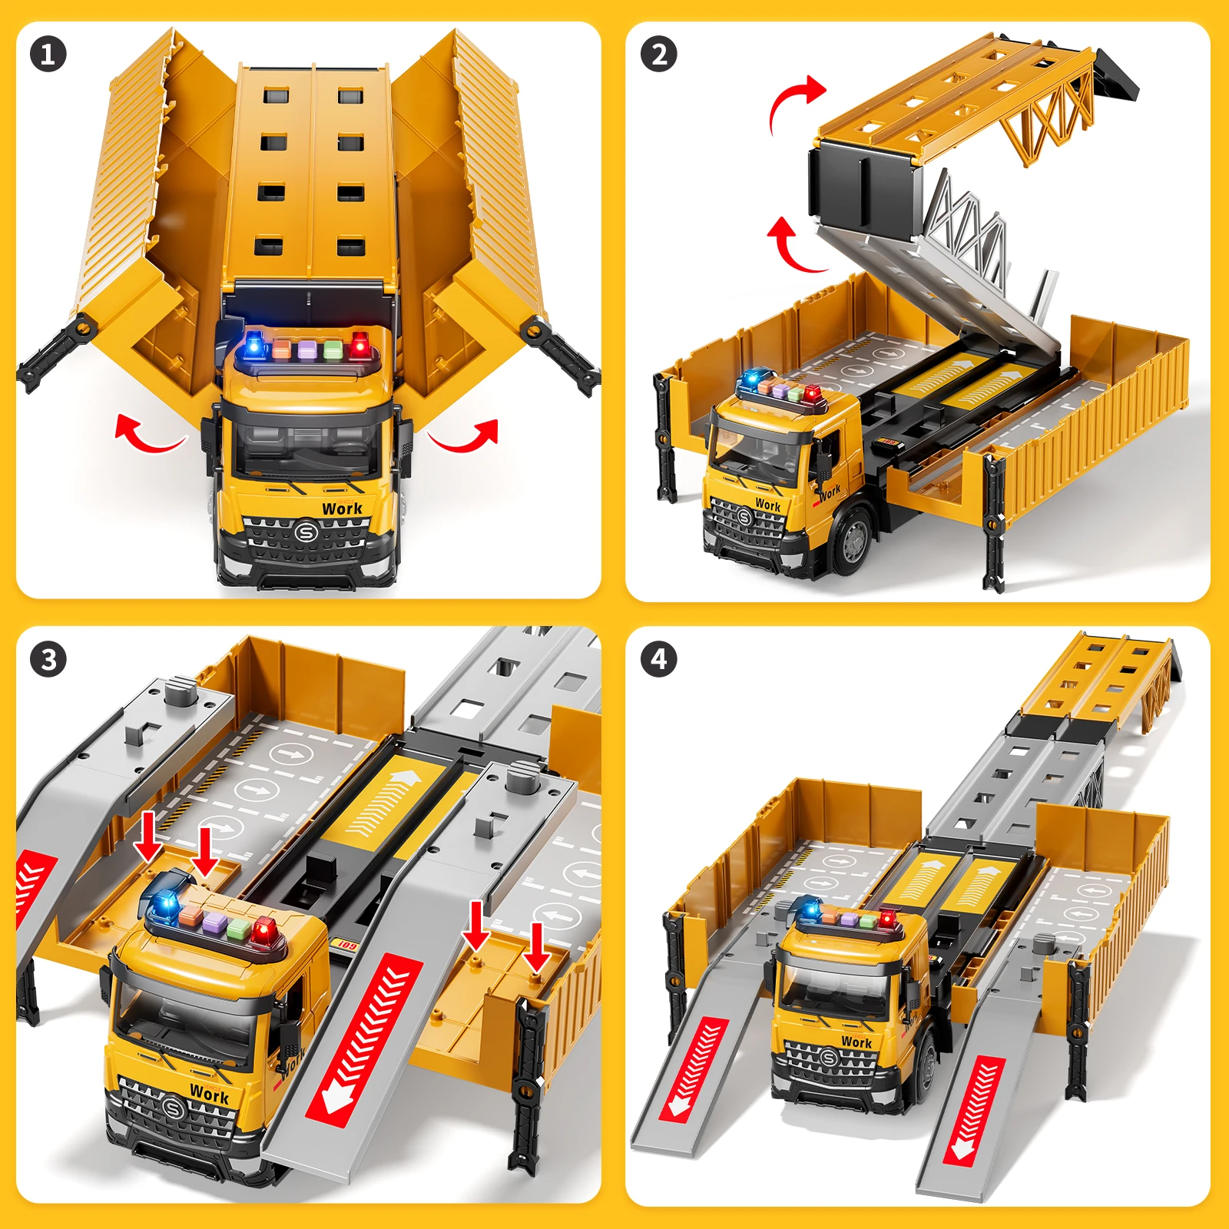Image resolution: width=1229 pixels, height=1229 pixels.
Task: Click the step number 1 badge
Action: click(48, 55)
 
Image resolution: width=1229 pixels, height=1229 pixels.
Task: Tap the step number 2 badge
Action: click(658, 55)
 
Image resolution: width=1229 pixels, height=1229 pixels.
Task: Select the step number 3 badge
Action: click(48, 660)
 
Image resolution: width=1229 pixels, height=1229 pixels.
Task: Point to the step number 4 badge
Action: click(658, 659)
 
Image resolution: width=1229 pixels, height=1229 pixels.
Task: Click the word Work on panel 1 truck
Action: click(342, 508)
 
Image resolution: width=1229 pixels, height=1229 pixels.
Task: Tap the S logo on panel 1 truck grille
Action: click(306, 532)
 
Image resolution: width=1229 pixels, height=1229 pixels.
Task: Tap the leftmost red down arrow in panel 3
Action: click(147, 837)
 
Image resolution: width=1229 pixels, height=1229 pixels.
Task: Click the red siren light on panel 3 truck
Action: click(263, 932)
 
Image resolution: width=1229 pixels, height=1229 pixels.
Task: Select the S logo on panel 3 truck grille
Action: click(174, 1108)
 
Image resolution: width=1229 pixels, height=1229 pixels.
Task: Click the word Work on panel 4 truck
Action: click(856, 1042)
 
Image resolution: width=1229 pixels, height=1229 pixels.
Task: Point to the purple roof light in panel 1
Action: click(307, 349)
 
